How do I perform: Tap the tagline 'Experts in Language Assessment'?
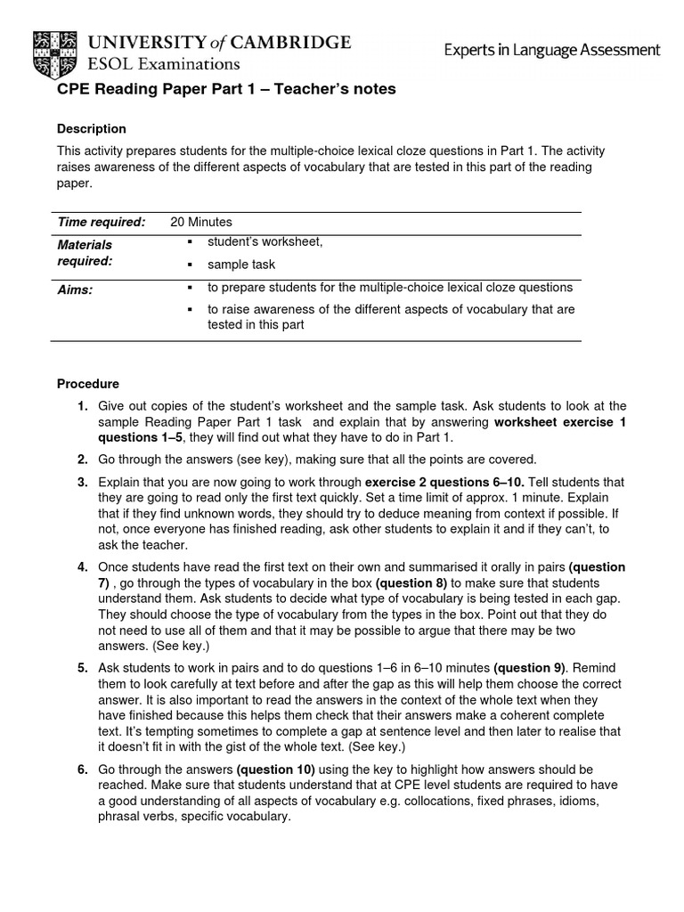(552, 50)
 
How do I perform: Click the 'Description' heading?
(92, 129)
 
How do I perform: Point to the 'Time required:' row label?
(101, 222)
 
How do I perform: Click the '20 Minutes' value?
(201, 222)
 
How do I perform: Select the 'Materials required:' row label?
(85, 252)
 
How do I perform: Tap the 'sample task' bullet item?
(241, 265)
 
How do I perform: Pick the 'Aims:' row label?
(75, 289)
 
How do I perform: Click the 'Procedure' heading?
(88, 385)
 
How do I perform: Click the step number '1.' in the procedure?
(82, 406)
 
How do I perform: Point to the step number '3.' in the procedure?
(82, 482)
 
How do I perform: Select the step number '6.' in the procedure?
(82, 769)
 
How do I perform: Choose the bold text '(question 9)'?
(533, 668)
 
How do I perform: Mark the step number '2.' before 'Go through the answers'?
(82, 460)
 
